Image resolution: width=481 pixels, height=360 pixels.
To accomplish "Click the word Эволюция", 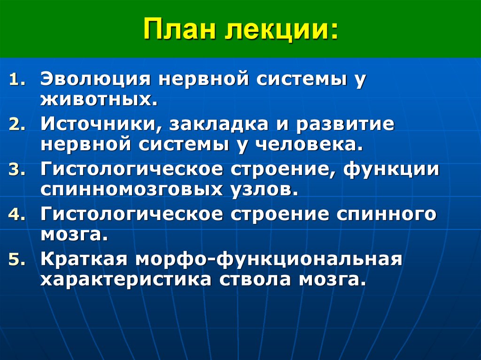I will (95, 79).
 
